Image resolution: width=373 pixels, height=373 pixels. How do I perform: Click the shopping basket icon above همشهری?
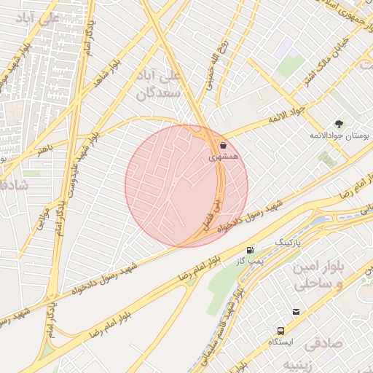[x=222, y=146]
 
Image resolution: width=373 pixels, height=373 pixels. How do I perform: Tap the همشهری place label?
[x=222, y=157]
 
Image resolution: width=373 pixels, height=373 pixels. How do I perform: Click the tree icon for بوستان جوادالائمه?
[x=338, y=124]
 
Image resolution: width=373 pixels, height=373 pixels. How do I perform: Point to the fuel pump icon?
[x=251, y=249]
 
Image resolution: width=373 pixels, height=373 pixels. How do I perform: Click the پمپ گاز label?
[x=248, y=260]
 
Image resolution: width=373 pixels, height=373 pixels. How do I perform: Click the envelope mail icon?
[x=297, y=312]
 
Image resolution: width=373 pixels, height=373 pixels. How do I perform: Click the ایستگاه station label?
[x=280, y=341]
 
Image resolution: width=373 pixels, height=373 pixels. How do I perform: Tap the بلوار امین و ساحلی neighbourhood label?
[x=317, y=275]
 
